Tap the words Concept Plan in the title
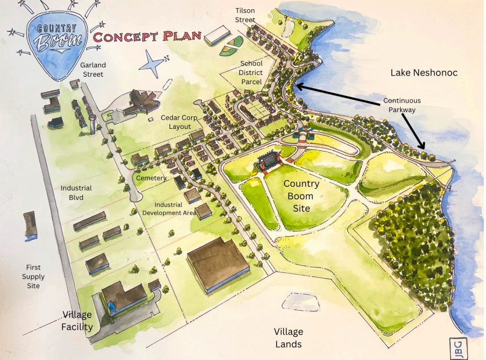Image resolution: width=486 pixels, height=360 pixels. point(147,37)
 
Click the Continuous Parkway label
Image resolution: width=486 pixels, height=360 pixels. point(402,105)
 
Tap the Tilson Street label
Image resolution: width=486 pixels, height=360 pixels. point(245,16)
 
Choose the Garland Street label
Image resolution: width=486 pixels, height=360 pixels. point(92,70)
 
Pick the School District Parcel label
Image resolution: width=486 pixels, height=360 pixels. point(251,73)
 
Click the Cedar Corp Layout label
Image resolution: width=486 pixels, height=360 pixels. point(179,122)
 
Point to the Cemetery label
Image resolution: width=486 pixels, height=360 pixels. point(150,178)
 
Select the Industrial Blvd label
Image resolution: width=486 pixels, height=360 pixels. point(77,193)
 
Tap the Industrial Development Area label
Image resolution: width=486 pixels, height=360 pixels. point(168,208)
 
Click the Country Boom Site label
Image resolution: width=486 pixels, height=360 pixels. point(301,196)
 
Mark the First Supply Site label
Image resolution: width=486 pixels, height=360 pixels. point(33,276)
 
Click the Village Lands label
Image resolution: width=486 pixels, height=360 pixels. point(288,338)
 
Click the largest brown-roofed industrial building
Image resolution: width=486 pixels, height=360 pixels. point(218,264)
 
